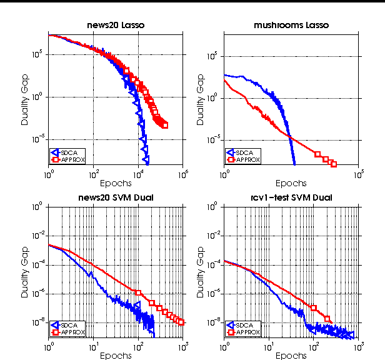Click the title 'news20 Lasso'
(115, 25)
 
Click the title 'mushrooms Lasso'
(291, 25)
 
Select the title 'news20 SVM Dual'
(116, 198)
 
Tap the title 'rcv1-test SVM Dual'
(291, 198)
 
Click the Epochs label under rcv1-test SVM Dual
(291, 356)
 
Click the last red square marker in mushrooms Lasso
(334, 164)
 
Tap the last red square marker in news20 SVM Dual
(181, 322)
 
